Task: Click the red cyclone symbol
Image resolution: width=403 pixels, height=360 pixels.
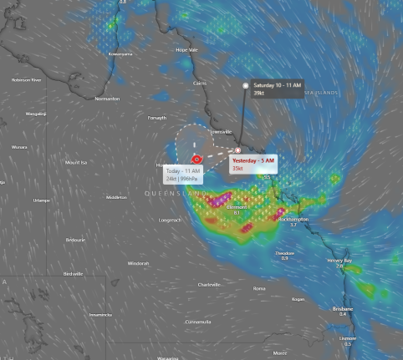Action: tap(196, 157)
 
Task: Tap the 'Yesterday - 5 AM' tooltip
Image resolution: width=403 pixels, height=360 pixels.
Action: tap(253, 164)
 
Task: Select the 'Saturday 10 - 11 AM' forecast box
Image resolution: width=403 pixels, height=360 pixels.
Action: tap(277, 89)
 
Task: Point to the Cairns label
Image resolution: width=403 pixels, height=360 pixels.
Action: tap(200, 83)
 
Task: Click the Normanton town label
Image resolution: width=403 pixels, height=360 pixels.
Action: tap(107, 99)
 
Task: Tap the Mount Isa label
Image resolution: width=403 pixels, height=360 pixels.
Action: tap(77, 162)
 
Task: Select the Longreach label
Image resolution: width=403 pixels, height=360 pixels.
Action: tap(170, 220)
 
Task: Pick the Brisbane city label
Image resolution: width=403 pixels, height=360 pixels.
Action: tap(343, 308)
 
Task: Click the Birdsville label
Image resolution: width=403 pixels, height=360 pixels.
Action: tap(74, 273)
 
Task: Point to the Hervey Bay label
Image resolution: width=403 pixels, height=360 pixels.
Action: tap(339, 260)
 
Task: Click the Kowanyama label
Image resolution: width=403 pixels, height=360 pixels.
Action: tap(120, 53)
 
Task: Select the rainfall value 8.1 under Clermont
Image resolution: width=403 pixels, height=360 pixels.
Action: tap(237, 212)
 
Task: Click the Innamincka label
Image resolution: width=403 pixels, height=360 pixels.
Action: tap(100, 314)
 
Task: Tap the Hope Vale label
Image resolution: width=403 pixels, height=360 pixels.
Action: tap(186, 49)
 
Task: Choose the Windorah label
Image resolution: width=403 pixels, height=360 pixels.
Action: tap(138, 262)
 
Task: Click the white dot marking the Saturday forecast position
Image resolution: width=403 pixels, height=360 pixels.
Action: tap(245, 85)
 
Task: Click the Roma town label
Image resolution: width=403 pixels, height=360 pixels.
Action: tap(259, 288)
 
